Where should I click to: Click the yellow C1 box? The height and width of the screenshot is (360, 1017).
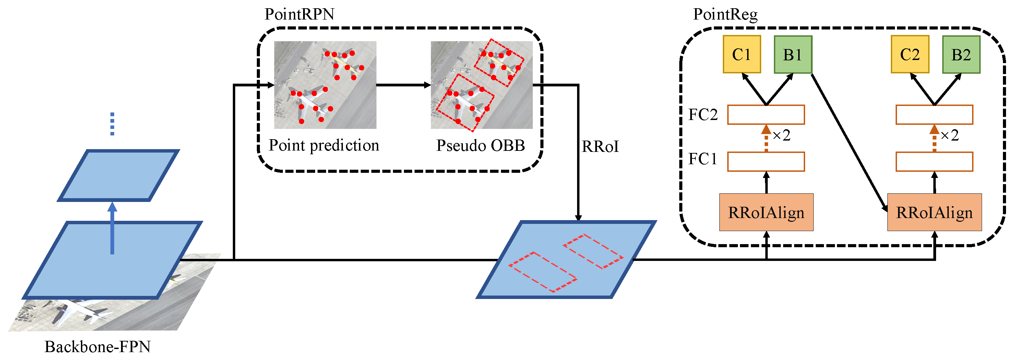(742, 55)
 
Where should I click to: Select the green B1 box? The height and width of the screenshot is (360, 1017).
(793, 55)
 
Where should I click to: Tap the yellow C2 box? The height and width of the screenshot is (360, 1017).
(910, 55)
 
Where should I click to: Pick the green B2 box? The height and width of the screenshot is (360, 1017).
(961, 55)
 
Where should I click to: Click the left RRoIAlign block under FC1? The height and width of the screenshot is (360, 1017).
(766, 212)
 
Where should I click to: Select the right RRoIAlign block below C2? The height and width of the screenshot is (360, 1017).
(934, 212)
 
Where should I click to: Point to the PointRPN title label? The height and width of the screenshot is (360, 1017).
(299, 14)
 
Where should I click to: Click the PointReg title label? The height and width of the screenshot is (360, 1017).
(725, 14)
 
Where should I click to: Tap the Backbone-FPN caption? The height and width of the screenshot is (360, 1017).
(97, 347)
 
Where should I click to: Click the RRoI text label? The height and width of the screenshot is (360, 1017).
(600, 147)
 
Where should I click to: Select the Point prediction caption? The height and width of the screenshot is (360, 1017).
(324, 145)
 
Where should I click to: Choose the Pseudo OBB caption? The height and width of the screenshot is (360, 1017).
(480, 145)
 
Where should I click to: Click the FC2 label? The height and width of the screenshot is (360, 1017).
(703, 115)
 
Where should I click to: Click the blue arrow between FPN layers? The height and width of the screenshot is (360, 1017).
(112, 229)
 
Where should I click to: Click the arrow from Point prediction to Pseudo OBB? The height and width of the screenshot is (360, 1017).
(403, 85)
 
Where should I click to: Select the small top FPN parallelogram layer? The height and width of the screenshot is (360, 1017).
(118, 175)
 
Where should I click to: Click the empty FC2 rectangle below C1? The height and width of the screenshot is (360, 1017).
(766, 115)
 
